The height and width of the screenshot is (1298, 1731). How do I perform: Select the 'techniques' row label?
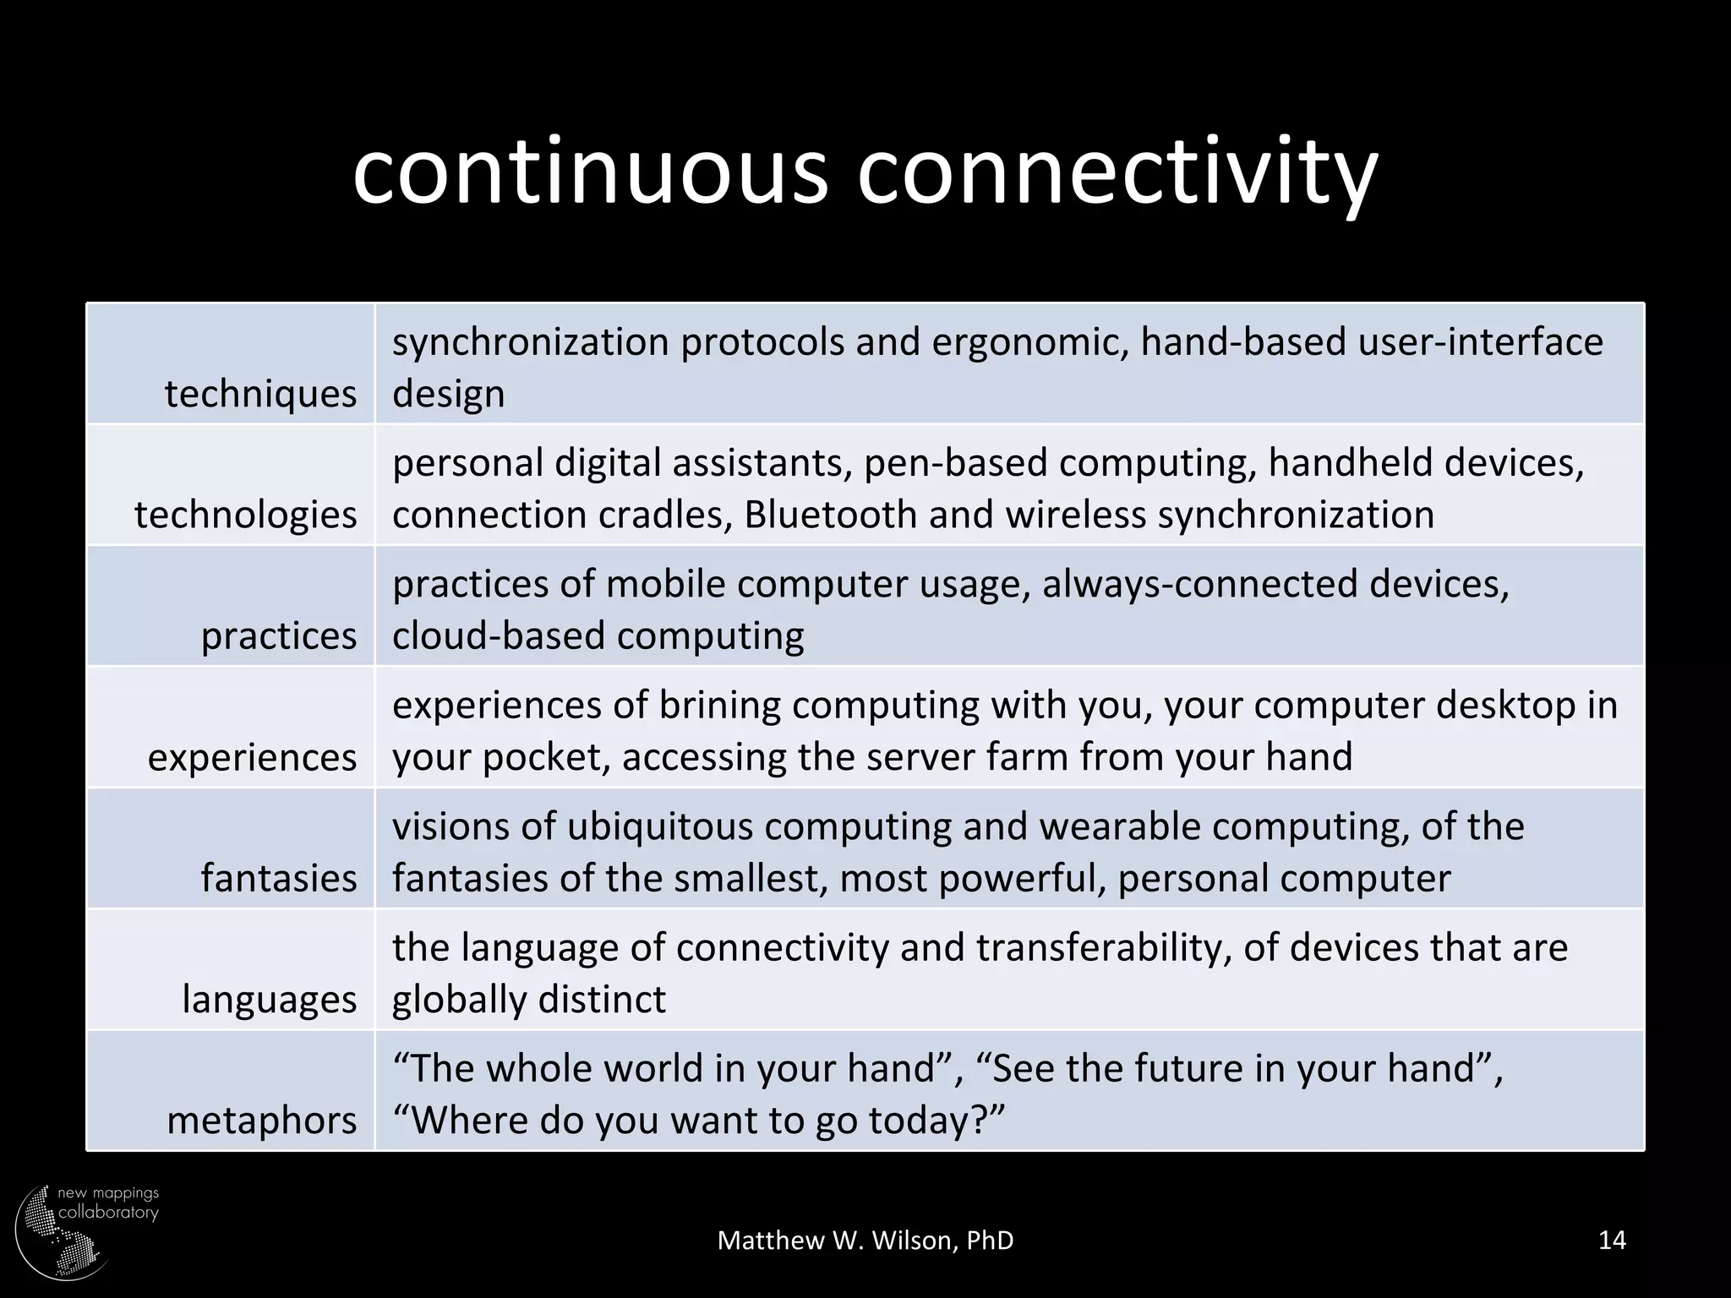coord(260,394)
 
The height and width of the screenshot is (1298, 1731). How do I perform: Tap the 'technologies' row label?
coord(245,515)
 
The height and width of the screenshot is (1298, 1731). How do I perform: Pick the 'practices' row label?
coord(279,635)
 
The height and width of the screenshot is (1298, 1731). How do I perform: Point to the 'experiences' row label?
coord(252,757)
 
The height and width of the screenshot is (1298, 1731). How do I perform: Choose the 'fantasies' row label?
coord(279,878)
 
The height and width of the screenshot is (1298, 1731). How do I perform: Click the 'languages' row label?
coord(270,999)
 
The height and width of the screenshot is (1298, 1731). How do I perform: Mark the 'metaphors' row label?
coord(262,1121)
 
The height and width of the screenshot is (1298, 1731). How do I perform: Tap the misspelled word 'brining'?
coord(720,705)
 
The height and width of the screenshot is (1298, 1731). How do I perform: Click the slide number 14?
coord(1612,1240)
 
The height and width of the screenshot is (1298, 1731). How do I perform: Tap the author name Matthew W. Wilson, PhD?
coord(865,1241)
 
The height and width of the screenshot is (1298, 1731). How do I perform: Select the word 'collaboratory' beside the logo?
coord(108,1213)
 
